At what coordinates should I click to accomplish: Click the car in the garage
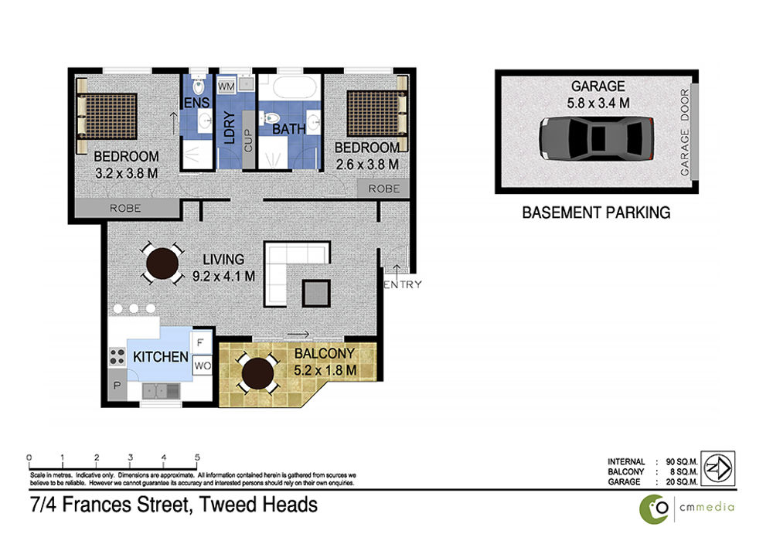point(597,138)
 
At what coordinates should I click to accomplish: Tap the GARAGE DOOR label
point(684,133)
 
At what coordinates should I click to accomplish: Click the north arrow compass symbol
point(718,468)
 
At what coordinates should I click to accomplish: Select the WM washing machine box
point(226,87)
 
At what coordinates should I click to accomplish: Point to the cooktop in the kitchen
point(117,356)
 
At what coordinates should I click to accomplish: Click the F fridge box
point(201,342)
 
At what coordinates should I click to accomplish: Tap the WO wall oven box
point(202,365)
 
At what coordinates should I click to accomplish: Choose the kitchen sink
point(162,391)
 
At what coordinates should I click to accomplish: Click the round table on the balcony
point(257,373)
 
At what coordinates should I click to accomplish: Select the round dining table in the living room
point(162,263)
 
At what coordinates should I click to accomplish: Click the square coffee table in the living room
point(316,293)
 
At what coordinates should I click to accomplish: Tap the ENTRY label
point(403,284)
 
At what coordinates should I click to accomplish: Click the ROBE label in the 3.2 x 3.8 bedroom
point(125,209)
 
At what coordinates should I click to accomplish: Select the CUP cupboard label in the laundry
point(248,140)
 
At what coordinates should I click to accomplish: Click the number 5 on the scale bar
point(197,457)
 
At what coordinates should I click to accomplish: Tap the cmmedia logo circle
point(654,508)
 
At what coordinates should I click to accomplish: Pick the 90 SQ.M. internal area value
point(682,462)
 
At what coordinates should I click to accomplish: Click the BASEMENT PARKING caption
point(596,212)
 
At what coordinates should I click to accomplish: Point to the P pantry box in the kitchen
point(117,386)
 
